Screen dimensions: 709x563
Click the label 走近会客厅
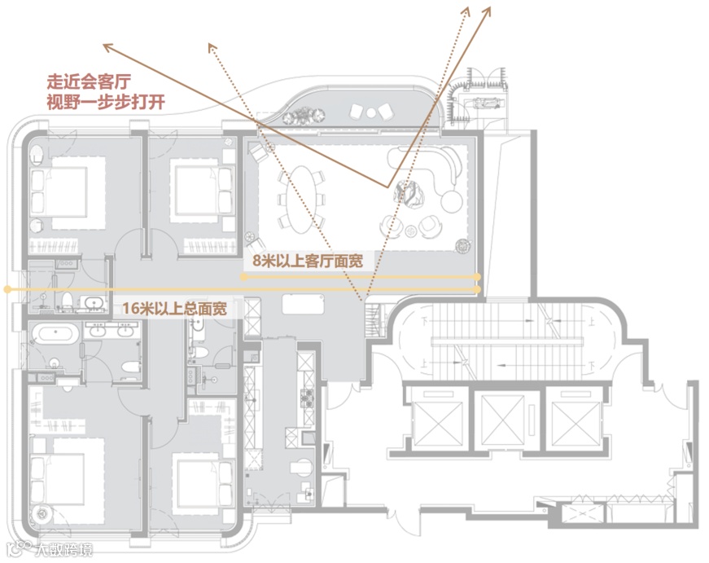click(x=90, y=82)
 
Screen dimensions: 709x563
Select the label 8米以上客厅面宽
click(x=308, y=261)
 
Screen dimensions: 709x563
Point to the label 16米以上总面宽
click(x=173, y=309)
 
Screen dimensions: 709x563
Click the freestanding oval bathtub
click(x=55, y=332)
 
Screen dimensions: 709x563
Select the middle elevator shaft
click(x=499, y=417)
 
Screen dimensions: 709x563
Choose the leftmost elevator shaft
click(x=436, y=417)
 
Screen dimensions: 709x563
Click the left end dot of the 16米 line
click(x=7, y=288)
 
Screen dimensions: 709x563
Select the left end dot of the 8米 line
click(x=243, y=277)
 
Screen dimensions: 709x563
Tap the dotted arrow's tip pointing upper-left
click(x=210, y=46)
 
